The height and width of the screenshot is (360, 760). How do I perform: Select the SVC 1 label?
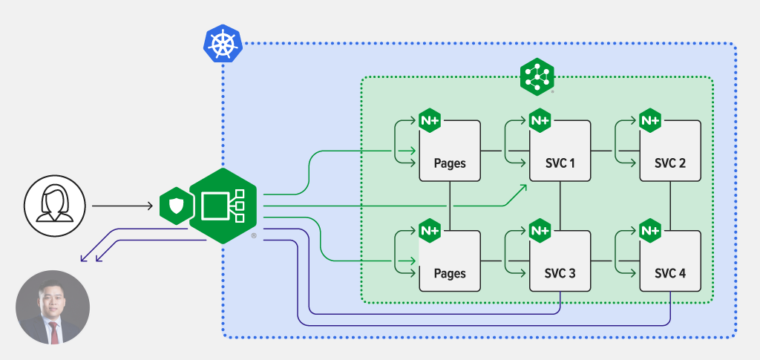(560, 163)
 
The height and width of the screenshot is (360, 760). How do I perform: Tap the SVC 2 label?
(670, 163)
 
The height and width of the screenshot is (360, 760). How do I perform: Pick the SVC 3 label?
(560, 273)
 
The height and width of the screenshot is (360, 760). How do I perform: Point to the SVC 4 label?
(670, 273)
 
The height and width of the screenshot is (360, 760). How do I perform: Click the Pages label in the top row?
(450, 163)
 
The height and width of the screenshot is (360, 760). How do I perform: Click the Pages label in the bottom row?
(450, 273)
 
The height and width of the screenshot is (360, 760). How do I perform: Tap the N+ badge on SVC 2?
(649, 120)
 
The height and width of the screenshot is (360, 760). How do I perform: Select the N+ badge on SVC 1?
(540, 120)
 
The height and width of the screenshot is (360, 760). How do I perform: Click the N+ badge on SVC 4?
(649, 231)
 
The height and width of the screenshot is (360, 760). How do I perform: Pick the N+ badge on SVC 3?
(540, 231)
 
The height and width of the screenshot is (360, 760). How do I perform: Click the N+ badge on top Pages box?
(430, 120)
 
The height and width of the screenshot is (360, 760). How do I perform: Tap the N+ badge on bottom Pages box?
(430, 231)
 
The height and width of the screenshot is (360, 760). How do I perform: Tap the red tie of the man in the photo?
(53, 330)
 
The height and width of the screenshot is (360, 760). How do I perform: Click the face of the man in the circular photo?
(53, 304)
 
